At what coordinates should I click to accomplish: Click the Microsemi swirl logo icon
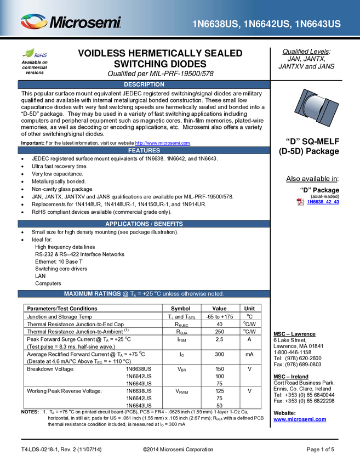coord(33,22)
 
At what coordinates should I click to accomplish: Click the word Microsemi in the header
coord(85,23)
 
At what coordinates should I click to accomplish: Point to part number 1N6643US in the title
coord(317,24)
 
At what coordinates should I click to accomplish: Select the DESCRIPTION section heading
coord(144,84)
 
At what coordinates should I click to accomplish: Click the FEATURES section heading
coord(144,150)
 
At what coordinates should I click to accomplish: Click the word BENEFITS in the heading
coord(168,224)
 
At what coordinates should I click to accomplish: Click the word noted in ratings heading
coord(214,294)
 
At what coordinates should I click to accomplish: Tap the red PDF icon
coord(300,202)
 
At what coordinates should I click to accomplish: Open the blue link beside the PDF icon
coord(323,202)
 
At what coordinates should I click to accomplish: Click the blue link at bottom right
coord(300,419)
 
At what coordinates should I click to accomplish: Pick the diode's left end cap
coord(301,104)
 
